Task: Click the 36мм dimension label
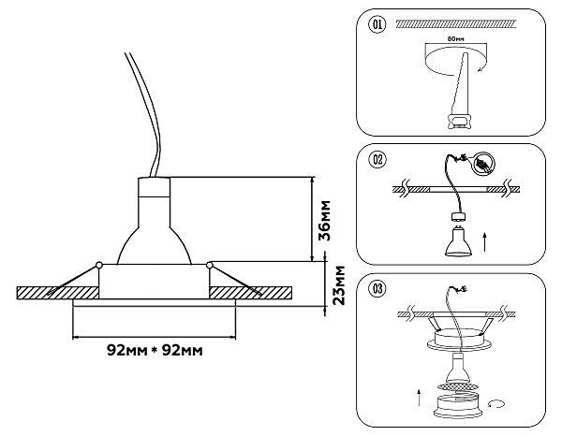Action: click(325, 220)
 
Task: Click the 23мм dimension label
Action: click(338, 285)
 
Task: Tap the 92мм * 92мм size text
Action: click(155, 351)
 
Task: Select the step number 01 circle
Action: click(377, 24)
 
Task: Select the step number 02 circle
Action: click(377, 159)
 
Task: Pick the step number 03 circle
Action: click(377, 288)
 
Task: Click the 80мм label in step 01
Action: click(455, 38)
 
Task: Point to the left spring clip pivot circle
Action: click(99, 265)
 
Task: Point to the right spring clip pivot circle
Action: click(209, 265)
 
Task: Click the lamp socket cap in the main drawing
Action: click(155, 187)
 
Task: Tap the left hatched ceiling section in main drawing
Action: click(57, 293)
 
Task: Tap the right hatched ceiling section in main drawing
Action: click(250, 293)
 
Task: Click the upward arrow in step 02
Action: click(484, 242)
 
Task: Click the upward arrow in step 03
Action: click(419, 397)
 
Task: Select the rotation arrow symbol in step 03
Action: click(496, 404)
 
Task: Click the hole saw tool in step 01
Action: click(460, 92)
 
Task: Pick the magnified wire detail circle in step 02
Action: click(484, 165)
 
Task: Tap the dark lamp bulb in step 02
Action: click(458, 242)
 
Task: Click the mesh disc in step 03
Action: click(457, 387)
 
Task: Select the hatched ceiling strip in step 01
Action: click(456, 24)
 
